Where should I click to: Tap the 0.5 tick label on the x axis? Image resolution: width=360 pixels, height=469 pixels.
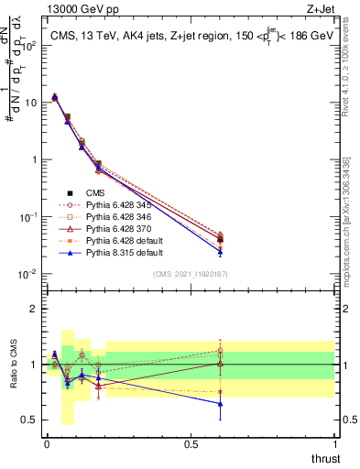click(191, 443)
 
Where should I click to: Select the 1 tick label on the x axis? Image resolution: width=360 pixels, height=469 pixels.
click(334, 443)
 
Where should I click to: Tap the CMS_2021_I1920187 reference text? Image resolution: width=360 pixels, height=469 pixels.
click(191, 274)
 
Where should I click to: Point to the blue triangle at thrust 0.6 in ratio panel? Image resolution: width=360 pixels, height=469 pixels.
click(220, 403)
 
